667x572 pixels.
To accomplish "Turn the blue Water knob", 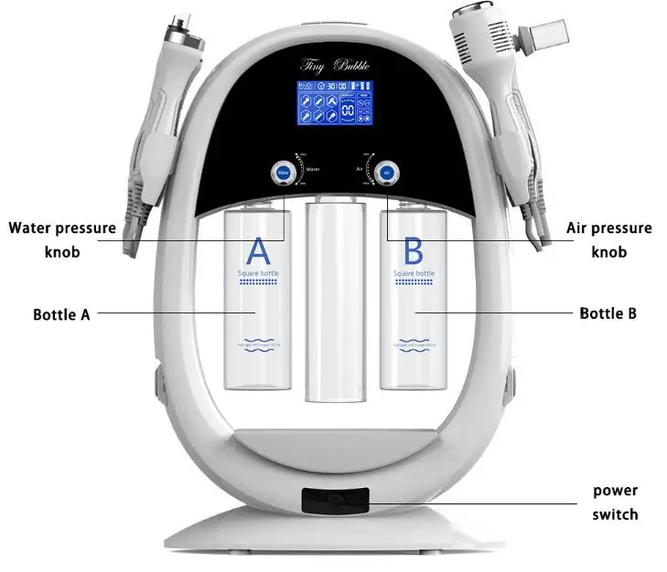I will click(x=283, y=171).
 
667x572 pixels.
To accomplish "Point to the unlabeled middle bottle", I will click(x=334, y=302).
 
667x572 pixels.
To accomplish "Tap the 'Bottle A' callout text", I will click(x=61, y=314).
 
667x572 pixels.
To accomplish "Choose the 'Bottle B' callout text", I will click(x=608, y=313).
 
